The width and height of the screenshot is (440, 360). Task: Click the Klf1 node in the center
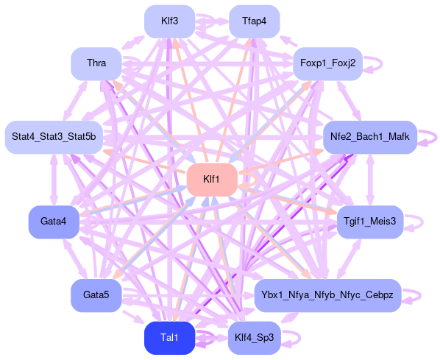point(212,180)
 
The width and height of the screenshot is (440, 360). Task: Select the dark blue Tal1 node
point(169,338)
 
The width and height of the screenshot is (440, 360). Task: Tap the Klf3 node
point(169,21)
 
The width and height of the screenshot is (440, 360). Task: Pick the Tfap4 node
point(255,21)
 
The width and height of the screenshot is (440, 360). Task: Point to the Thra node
point(96,64)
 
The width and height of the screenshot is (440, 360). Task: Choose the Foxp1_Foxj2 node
point(327,64)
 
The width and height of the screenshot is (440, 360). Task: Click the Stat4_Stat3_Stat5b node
point(54,138)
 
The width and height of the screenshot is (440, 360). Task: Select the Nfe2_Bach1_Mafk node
point(370,138)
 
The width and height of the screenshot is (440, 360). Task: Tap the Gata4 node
point(54,222)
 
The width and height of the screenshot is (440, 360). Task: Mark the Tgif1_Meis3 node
point(370,222)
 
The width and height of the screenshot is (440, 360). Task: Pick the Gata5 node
point(96,295)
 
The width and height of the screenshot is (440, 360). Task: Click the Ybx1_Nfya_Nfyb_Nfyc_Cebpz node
point(327,295)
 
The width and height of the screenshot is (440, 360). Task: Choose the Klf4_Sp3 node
point(255,338)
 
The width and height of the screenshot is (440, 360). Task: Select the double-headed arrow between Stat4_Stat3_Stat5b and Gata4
point(54,180)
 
